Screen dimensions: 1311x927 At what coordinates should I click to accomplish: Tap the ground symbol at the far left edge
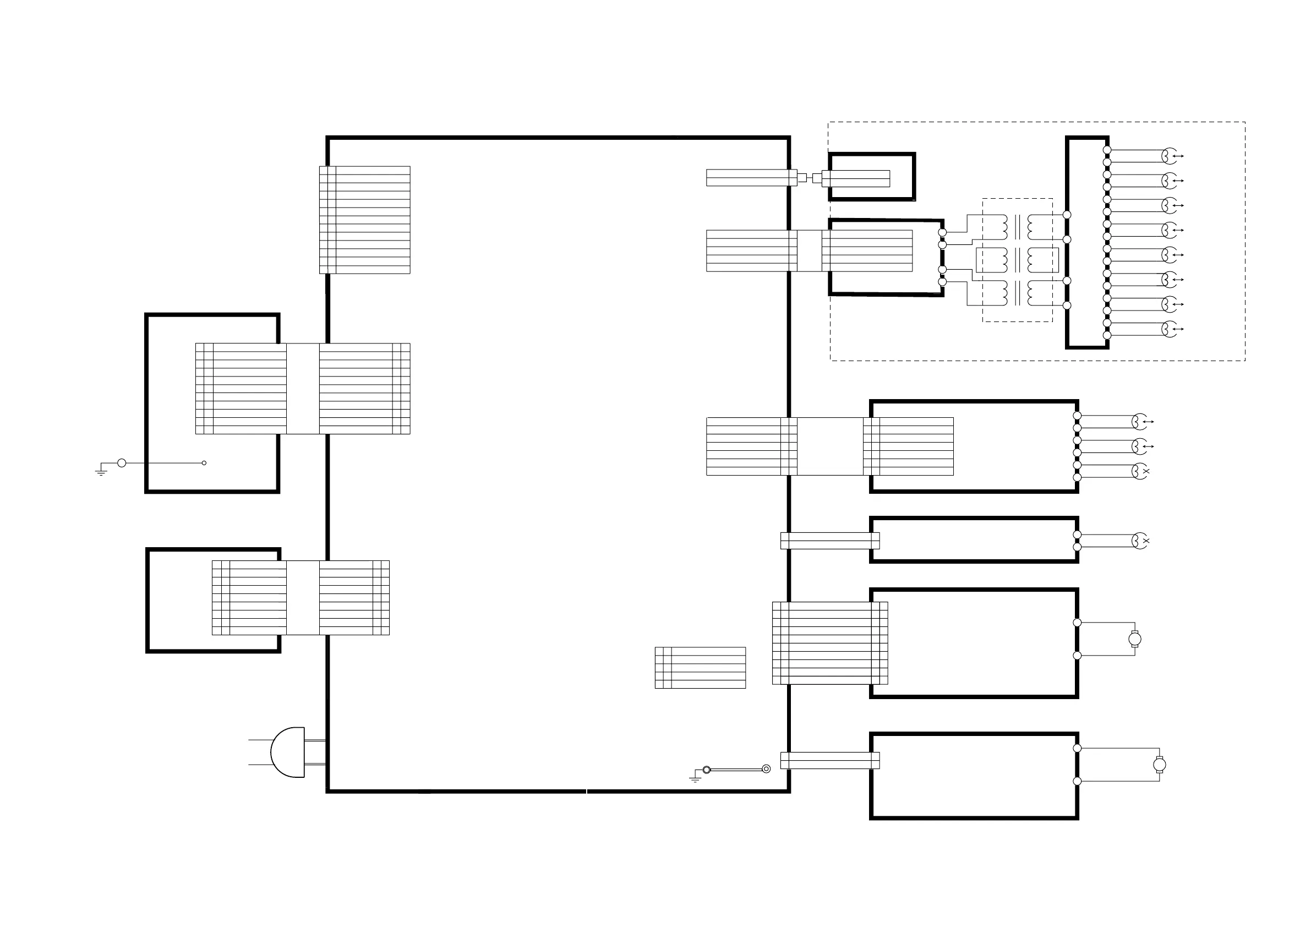tap(101, 471)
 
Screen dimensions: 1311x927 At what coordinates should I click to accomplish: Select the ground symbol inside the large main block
tap(695, 777)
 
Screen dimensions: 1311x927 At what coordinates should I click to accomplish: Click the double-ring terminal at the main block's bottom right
tap(766, 769)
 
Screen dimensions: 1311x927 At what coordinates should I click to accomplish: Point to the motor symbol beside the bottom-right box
tap(1159, 764)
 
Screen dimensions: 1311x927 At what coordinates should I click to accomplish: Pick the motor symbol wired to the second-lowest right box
tap(1134, 639)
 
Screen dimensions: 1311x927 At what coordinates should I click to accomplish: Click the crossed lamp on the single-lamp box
tap(1140, 541)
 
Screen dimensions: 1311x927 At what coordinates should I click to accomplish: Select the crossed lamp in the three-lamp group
tap(1140, 471)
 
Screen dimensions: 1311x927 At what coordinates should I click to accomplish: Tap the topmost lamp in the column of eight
tap(1169, 156)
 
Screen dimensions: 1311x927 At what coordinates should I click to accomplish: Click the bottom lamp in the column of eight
tap(1169, 329)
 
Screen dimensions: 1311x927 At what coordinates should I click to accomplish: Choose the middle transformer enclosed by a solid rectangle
tap(1017, 260)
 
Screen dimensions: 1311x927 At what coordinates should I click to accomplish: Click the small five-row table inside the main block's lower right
tap(700, 667)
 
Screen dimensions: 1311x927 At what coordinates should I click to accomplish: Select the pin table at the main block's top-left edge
tap(364, 220)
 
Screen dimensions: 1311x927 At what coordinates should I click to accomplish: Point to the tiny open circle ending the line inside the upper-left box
tap(204, 462)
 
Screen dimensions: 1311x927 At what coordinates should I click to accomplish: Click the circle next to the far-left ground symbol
tap(122, 462)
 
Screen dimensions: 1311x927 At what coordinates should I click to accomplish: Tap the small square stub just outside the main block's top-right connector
tap(802, 178)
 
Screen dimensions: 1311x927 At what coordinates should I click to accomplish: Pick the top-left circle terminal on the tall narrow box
tap(1067, 215)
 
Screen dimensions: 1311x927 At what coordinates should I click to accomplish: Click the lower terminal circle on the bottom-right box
tap(1078, 781)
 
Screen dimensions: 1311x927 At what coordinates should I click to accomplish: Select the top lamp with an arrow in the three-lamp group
tap(1140, 422)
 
